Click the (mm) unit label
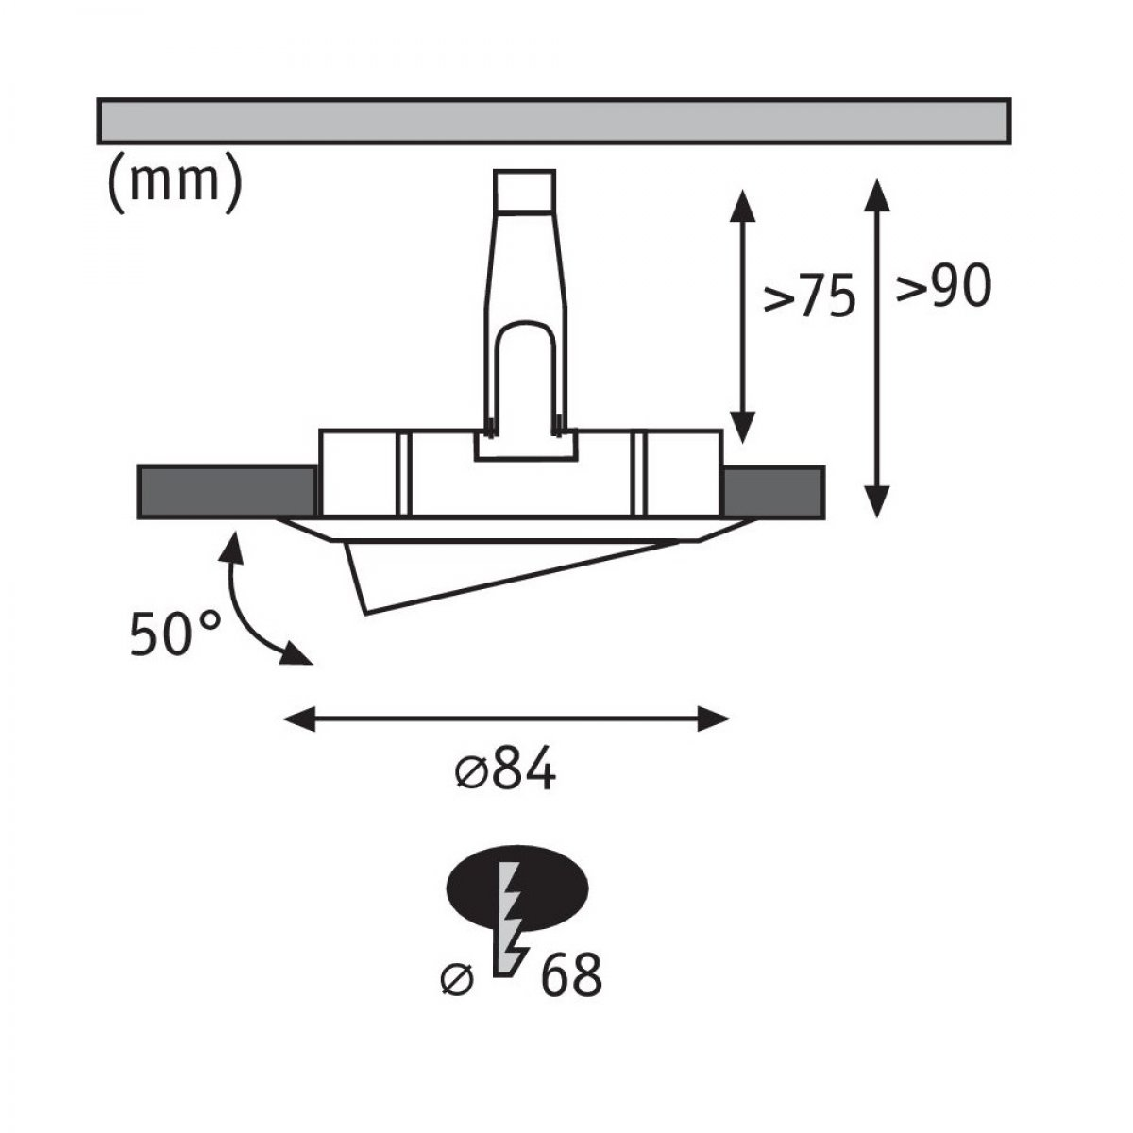pyautogui.click(x=175, y=183)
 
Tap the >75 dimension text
pyautogui.click(x=809, y=296)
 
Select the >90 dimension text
pyautogui.click(x=943, y=286)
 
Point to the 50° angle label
pyautogui.click(x=176, y=634)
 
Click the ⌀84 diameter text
pyautogui.click(x=506, y=769)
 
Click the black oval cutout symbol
pyautogui.click(x=517, y=892)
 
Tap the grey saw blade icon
pyautogui.click(x=509, y=923)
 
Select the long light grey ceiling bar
pyautogui.click(x=554, y=121)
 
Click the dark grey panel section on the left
pyautogui.click(x=227, y=492)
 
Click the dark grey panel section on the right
pyautogui.click(x=774, y=492)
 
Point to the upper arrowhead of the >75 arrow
pyautogui.click(x=743, y=206)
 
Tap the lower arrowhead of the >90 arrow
pyautogui.click(x=876, y=501)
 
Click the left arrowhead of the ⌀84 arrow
pyautogui.click(x=298, y=719)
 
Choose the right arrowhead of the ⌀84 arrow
pyautogui.click(x=714, y=719)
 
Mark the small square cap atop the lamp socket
pyautogui.click(x=524, y=190)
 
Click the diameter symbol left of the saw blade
pyautogui.click(x=457, y=979)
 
